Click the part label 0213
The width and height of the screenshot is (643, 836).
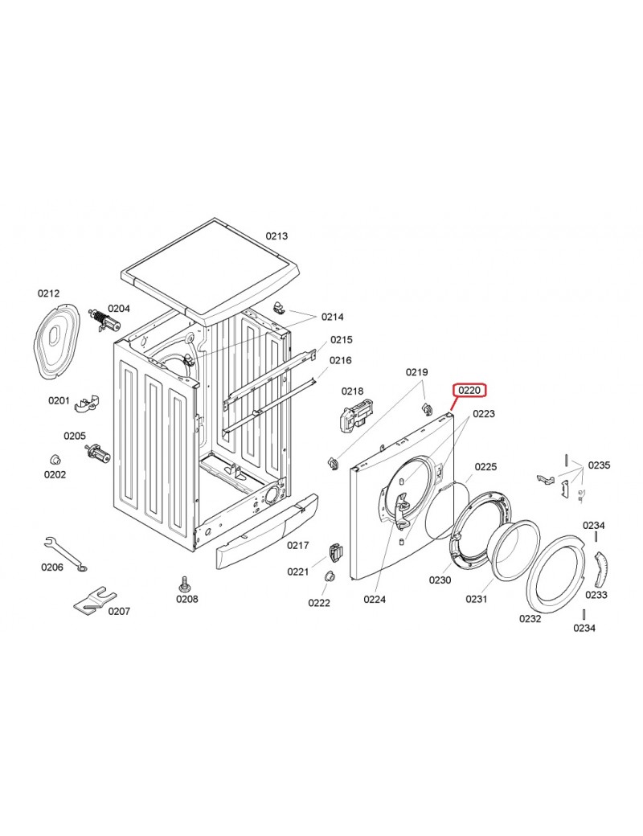point(276,236)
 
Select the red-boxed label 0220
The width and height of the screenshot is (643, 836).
point(469,391)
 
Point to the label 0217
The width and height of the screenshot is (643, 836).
point(298,545)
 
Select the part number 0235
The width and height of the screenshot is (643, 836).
point(600,465)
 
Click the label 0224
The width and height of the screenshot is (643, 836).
point(375,600)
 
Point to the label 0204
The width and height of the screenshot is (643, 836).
point(119,308)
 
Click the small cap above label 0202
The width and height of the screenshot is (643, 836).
point(55,459)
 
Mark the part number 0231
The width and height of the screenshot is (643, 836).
point(477,599)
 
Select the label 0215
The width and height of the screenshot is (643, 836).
point(342,339)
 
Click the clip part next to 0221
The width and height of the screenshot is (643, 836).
point(335,552)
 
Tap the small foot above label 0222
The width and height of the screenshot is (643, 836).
point(329,576)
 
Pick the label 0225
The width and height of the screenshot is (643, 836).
point(485,466)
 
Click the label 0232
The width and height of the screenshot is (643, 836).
point(530,618)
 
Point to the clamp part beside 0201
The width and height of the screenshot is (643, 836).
point(87,404)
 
